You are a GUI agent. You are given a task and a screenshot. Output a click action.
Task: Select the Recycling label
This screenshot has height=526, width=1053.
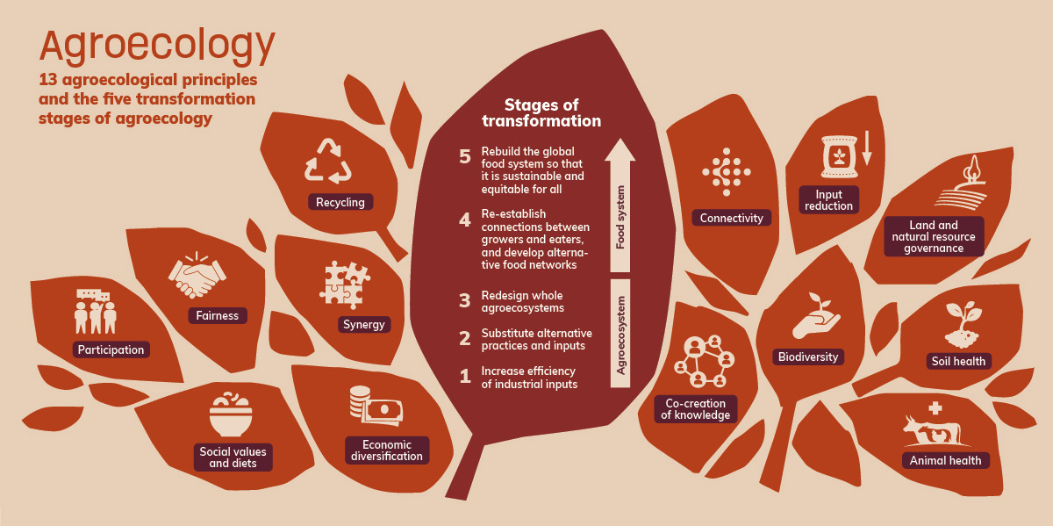[340, 203]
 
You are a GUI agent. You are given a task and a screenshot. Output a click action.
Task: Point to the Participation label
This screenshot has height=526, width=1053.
[111, 349]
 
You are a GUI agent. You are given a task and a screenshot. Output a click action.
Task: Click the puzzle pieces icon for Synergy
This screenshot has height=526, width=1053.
[342, 284]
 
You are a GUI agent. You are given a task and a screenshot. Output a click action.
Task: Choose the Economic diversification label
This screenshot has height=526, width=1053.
[386, 450]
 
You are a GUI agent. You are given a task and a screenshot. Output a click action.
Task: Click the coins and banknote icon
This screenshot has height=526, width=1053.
[374, 407]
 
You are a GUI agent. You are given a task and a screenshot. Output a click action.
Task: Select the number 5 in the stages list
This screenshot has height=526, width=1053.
[465, 156]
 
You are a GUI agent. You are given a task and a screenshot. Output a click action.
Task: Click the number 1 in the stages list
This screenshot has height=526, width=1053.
[465, 377]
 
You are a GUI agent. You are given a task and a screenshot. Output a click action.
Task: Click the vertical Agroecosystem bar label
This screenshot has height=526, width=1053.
[620, 335]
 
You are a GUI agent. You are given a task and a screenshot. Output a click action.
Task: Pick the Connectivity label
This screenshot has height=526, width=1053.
[732, 218]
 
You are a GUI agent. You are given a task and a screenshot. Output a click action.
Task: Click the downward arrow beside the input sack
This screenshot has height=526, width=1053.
[866, 150]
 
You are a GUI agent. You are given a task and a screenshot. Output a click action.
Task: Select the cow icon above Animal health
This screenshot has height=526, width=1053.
[932, 428]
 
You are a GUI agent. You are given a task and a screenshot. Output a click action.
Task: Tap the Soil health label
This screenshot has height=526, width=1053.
[958, 361]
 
